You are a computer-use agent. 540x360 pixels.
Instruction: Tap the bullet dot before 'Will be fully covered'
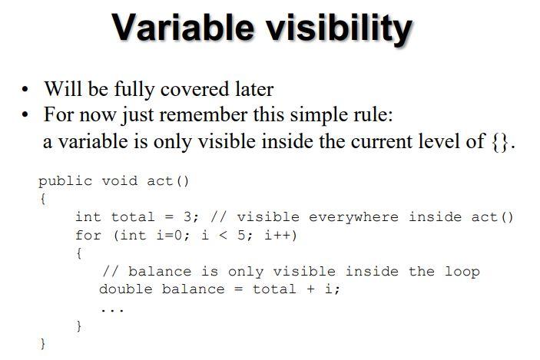(25, 90)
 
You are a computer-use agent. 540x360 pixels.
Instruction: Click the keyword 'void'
(120, 181)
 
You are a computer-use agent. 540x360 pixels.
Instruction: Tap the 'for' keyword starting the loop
(88, 235)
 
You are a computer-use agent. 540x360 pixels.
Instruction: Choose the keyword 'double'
(126, 289)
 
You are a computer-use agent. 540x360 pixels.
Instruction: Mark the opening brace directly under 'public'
(43, 200)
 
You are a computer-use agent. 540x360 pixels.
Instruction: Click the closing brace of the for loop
(79, 326)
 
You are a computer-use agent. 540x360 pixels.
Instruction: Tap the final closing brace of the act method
(43, 345)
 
